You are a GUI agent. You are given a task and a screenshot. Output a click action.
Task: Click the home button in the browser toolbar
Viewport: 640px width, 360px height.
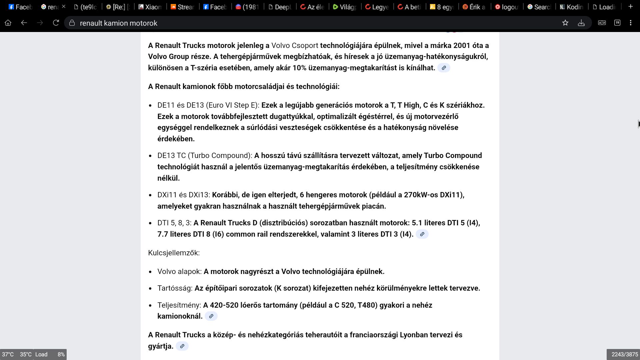(x=8, y=23)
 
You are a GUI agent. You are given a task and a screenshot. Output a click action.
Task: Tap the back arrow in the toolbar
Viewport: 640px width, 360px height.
(x=24, y=23)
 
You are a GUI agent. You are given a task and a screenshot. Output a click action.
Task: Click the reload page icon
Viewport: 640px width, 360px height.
(x=56, y=23)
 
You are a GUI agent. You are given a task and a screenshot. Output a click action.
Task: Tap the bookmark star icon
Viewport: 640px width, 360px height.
(x=565, y=23)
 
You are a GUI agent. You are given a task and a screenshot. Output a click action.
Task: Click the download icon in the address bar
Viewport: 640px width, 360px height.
(x=581, y=23)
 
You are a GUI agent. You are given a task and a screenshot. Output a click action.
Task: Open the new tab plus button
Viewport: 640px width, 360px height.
(x=630, y=7)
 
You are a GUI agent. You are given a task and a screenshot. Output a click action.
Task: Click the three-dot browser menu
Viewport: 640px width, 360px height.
(x=630, y=23)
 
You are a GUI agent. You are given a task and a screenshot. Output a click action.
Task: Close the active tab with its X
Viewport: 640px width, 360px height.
(x=64, y=7)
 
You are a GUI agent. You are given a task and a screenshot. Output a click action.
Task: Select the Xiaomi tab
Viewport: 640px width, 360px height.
(x=150, y=7)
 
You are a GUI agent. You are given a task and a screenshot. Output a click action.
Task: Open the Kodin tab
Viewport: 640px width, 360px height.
(x=571, y=7)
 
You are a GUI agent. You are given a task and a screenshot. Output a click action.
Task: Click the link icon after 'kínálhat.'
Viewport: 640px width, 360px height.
(x=444, y=68)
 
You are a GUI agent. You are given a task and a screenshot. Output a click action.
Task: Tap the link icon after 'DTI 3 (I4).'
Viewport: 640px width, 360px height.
(x=422, y=234)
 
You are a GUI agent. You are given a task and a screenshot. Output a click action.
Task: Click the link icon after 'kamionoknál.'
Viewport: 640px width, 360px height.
(x=211, y=316)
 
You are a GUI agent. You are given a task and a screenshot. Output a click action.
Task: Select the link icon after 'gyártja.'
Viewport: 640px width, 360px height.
(x=182, y=346)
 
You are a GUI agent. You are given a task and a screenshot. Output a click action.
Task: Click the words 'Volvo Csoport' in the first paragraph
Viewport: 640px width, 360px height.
(x=295, y=46)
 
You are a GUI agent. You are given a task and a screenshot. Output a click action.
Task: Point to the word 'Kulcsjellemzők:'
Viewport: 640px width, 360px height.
(x=174, y=253)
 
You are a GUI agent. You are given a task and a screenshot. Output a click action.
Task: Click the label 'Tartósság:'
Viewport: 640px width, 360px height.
(x=175, y=288)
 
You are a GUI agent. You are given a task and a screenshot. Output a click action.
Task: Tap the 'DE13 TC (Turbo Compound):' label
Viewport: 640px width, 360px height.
(x=205, y=156)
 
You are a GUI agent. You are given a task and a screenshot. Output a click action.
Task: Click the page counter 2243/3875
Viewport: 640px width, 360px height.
(x=624, y=355)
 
